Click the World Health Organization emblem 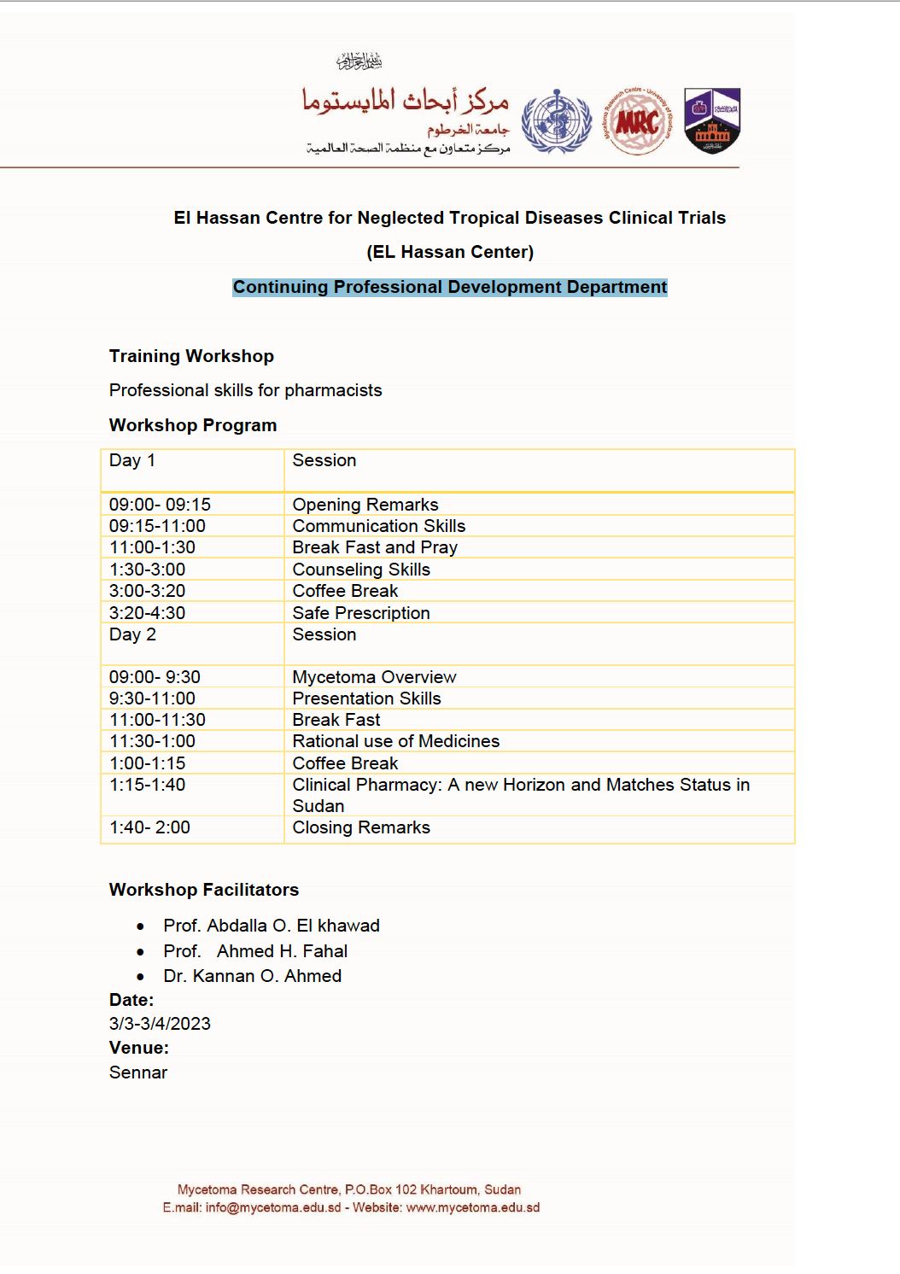[x=557, y=122]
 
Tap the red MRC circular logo [x=637, y=122]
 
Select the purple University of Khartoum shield [x=712, y=120]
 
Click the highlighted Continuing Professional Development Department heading [x=450, y=287]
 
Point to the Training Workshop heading [x=191, y=356]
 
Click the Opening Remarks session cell [x=365, y=505]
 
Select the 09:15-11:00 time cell [x=157, y=526]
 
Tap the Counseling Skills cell [x=361, y=570]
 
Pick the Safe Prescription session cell [x=361, y=613]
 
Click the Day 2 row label [x=132, y=634]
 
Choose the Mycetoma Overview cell [x=374, y=677]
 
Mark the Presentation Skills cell [x=366, y=698]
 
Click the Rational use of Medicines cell [x=395, y=741]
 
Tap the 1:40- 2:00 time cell [x=149, y=827]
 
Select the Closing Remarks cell [x=361, y=827]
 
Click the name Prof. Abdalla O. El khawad [x=272, y=926]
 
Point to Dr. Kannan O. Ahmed [x=252, y=976]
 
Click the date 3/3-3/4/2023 [x=160, y=1024]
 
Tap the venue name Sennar [x=138, y=1072]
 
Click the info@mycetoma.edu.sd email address [x=273, y=1207]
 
